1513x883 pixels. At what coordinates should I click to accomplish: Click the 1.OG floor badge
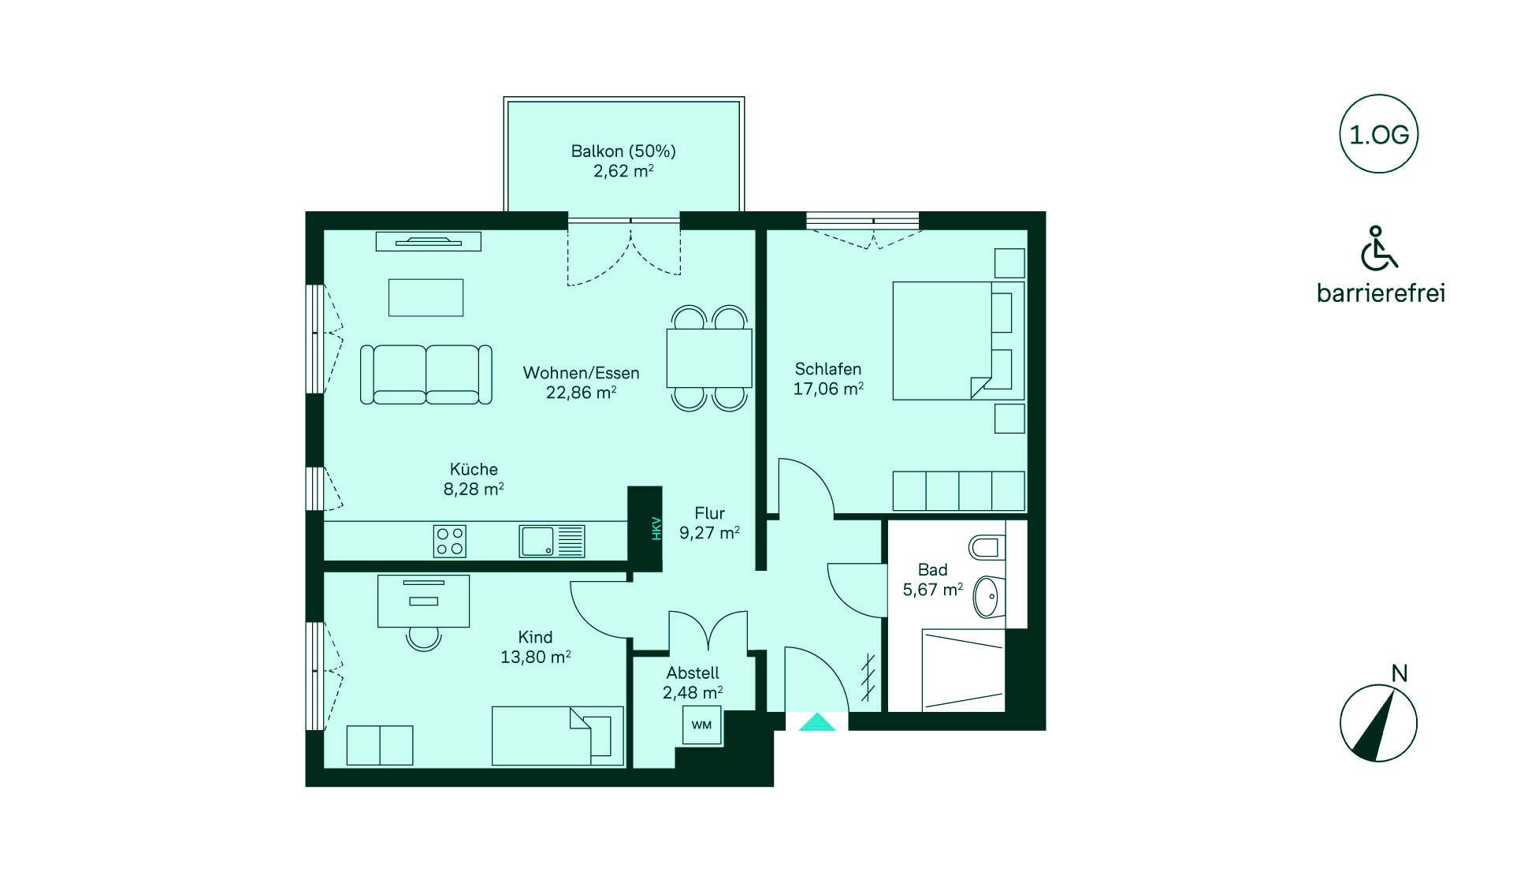coord(1378,134)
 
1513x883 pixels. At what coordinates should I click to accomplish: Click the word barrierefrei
coord(1381,293)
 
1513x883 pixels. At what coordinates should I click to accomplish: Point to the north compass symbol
coord(1378,722)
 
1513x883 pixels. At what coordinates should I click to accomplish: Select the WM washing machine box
coord(701,725)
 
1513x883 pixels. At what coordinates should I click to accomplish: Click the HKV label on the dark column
coord(656,527)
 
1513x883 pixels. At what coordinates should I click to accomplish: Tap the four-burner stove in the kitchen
coord(450,541)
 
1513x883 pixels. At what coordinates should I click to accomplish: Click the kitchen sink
coord(552,541)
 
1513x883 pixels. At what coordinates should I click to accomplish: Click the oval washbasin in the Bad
coord(989,597)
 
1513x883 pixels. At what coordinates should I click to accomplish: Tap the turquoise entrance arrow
coord(817,721)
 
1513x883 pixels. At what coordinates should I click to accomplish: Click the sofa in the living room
coord(426,374)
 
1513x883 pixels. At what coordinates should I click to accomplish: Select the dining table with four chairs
coord(709,358)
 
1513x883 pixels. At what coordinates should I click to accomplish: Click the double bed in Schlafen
coord(958,341)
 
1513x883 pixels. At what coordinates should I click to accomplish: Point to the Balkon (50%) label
coord(623,151)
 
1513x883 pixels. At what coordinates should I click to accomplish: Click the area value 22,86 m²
coord(582,392)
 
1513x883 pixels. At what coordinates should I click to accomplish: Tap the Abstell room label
coord(693,672)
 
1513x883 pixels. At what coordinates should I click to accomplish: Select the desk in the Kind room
coord(424,601)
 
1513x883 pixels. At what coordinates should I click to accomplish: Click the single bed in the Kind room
coord(558,736)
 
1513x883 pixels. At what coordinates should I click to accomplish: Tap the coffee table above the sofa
coord(426,297)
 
